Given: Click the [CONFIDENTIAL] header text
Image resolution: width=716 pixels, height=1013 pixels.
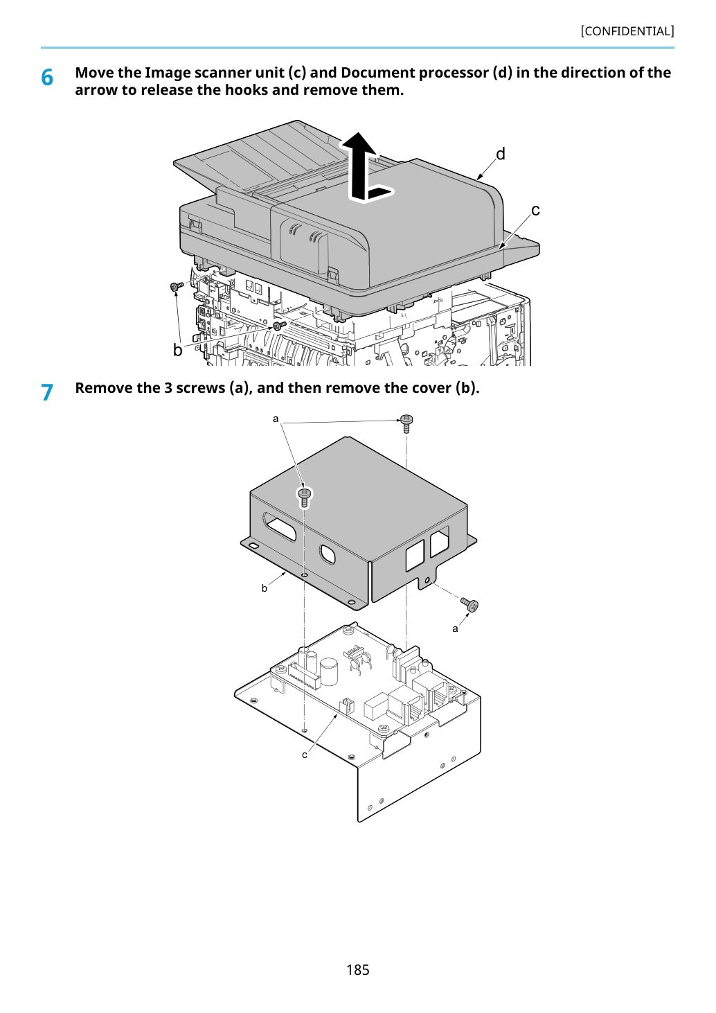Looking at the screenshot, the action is (x=627, y=31).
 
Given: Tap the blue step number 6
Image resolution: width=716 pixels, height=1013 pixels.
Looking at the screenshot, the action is (x=47, y=78).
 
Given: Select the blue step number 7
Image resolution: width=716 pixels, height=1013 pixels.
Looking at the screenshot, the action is (x=47, y=393).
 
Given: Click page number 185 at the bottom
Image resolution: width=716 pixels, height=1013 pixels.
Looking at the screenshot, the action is (x=357, y=969).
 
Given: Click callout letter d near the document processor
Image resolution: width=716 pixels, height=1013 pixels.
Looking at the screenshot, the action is (x=501, y=155).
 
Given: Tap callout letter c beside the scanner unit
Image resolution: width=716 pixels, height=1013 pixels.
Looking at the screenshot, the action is (x=535, y=210).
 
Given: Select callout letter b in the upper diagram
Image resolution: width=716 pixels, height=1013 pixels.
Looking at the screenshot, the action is (x=178, y=350).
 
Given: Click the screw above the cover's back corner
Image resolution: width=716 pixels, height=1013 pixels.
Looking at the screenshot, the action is (x=406, y=423).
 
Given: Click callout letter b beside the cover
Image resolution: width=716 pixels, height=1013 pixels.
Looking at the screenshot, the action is (x=265, y=588).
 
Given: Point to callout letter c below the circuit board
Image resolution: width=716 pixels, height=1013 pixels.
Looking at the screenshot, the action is (x=305, y=755).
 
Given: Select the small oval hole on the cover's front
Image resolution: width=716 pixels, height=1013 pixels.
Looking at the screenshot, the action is (x=328, y=554).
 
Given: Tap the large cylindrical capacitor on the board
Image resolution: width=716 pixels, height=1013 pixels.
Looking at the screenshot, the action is (x=329, y=671).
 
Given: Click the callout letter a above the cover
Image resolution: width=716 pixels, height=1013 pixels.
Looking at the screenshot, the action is (x=276, y=419).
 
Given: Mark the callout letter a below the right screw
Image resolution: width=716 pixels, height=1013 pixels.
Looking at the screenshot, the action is (x=455, y=629).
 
